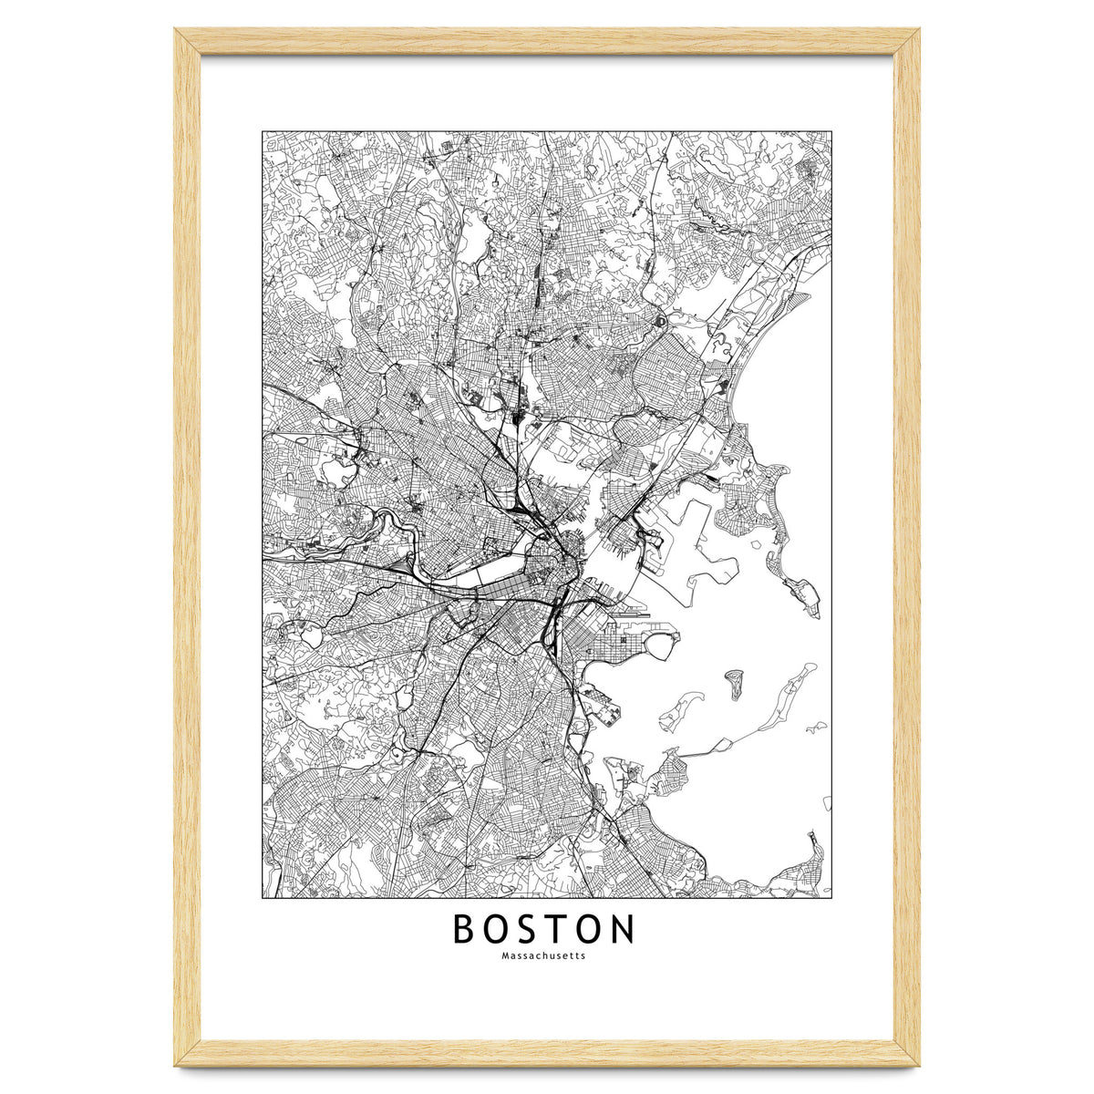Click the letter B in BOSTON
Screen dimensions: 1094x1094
pos(465,929)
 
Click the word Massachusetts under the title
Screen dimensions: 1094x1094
pos(543,956)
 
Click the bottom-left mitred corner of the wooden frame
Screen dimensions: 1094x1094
pos(188,1053)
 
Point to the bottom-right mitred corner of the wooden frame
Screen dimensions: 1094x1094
pos(908,1053)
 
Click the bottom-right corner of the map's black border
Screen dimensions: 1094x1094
pos(831,898)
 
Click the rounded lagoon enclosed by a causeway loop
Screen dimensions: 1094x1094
pos(659,645)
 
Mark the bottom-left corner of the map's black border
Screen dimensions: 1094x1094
pos(263,898)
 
